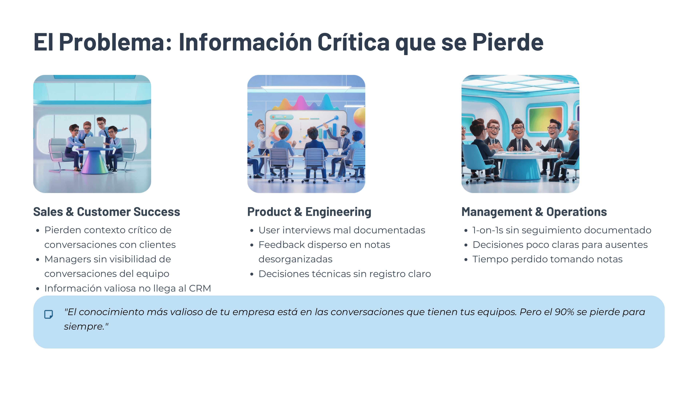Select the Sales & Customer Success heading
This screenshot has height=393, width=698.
click(x=107, y=212)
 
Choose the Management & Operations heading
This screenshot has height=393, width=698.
click(x=534, y=212)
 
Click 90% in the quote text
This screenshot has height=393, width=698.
click(x=564, y=312)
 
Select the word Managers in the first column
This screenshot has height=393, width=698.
click(x=68, y=259)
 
